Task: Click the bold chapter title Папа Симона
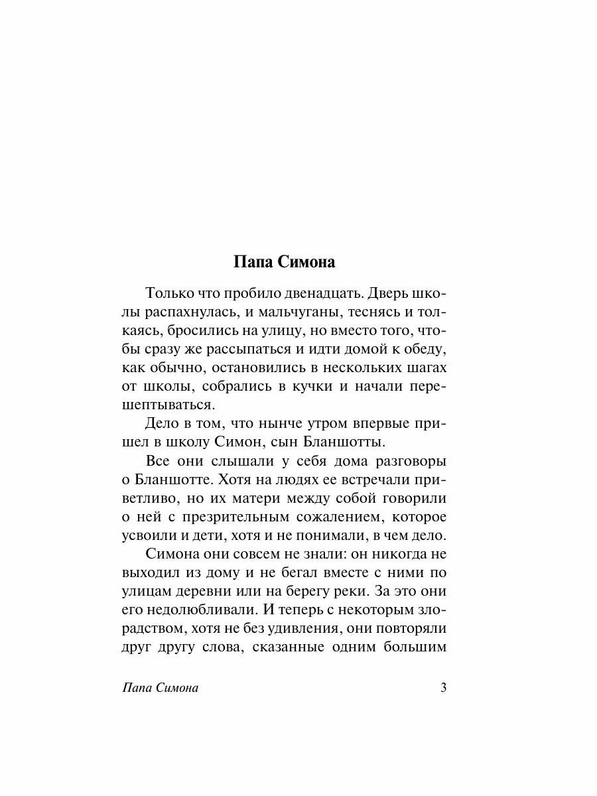coord(285,262)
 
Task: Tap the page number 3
coord(443,687)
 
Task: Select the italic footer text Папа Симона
coord(161,688)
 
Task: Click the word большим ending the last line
coord(416,646)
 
